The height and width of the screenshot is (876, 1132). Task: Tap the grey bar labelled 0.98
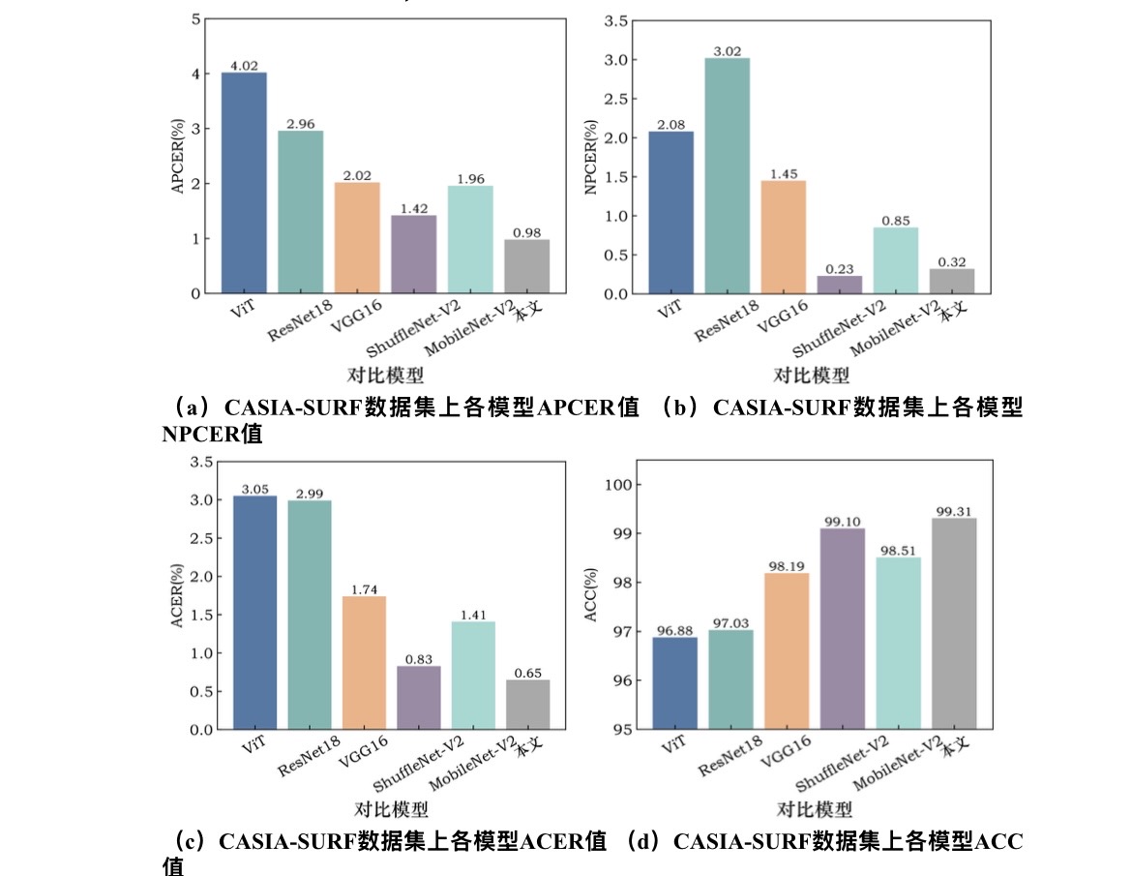click(x=526, y=266)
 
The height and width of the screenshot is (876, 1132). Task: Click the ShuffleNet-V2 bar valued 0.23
click(x=840, y=285)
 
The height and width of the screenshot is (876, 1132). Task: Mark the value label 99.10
click(x=842, y=521)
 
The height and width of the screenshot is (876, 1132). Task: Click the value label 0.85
click(x=896, y=220)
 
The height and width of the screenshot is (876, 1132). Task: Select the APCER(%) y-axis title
click(x=177, y=155)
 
